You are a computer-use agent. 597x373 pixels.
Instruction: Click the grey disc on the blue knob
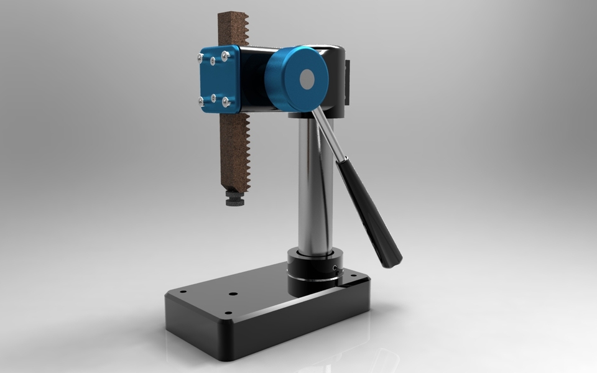(307, 79)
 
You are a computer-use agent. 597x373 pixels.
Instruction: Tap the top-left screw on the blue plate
(200, 58)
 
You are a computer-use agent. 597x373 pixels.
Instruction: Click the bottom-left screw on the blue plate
(201, 99)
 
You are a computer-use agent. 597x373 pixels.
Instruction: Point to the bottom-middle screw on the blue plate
(213, 98)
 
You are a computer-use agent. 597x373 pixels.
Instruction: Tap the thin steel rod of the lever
(328, 133)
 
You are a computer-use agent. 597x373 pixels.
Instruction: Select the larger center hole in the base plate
(233, 293)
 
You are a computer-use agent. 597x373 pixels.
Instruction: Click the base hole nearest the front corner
(228, 313)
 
